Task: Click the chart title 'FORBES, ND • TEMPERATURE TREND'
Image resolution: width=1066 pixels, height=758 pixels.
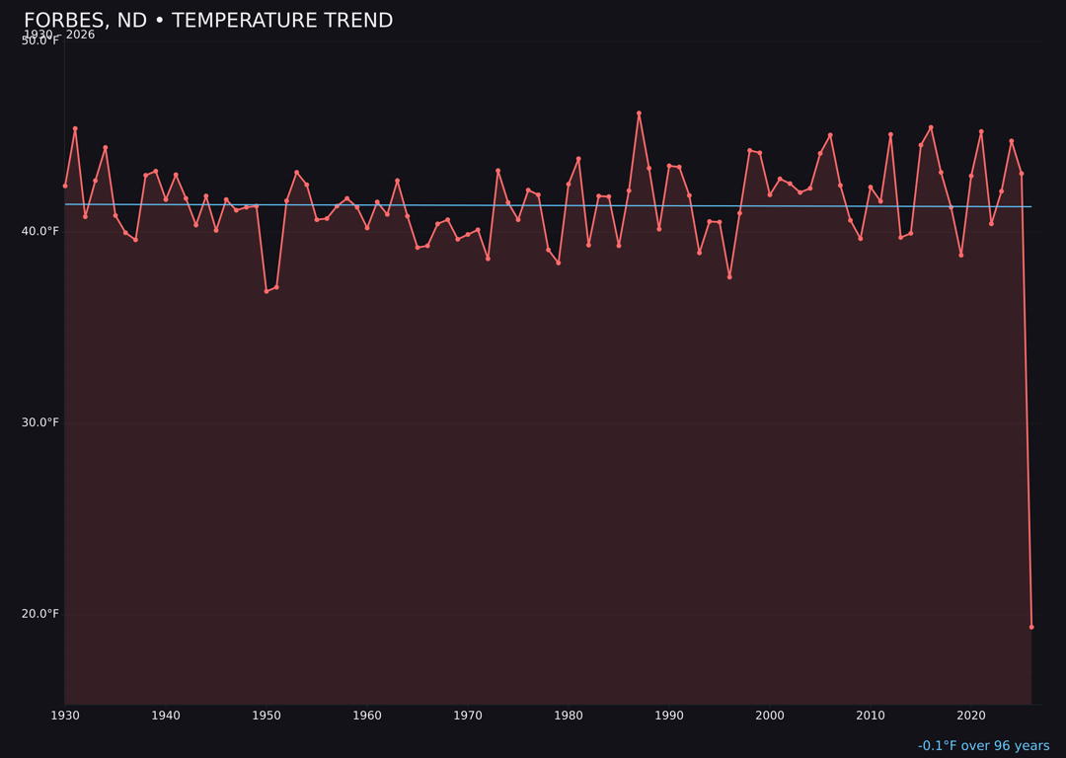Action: coord(208,21)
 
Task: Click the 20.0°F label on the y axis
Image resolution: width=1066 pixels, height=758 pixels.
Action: coord(39,614)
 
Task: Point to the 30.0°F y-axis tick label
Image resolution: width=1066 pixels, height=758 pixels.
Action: coord(39,422)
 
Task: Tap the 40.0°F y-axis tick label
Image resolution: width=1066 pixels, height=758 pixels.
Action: coord(39,231)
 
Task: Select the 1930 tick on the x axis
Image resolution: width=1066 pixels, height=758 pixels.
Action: coord(65,716)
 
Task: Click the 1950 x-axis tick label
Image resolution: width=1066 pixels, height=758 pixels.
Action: coord(266,716)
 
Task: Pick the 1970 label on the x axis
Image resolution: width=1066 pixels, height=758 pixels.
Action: coord(468,716)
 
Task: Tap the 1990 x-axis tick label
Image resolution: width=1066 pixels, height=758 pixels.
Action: coord(669,716)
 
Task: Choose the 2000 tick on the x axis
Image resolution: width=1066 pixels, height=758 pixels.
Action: coord(770,716)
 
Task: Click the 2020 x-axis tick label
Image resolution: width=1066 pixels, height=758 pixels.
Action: coord(971,716)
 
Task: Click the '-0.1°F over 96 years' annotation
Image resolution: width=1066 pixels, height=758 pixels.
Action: coord(983,746)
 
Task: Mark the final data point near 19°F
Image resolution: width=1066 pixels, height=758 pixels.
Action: coord(1031,627)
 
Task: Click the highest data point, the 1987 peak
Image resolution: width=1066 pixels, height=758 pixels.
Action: coord(639,114)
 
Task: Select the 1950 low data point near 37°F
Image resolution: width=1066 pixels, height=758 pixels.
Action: coord(266,291)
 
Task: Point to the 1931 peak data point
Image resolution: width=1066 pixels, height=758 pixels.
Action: coord(75,128)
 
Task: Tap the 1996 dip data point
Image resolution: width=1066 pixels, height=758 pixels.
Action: coord(729,277)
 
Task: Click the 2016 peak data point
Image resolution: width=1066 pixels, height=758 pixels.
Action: coord(931,127)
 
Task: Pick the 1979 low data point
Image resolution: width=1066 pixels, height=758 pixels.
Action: coord(559,263)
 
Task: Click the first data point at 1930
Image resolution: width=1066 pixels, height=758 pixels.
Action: coord(65,186)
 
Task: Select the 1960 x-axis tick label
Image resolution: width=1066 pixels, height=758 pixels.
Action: coord(367,716)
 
